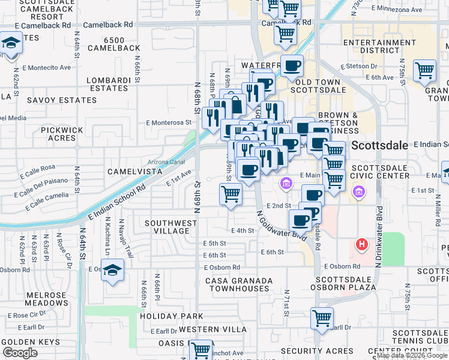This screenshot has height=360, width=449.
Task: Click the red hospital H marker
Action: pyautogui.click(x=361, y=244)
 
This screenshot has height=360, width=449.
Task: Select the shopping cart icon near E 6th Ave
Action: pyautogui.click(x=424, y=71)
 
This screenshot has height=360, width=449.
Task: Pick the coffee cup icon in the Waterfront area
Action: pyautogui.click(x=292, y=66)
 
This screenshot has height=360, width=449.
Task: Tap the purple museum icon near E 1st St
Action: pyautogui.click(x=358, y=192)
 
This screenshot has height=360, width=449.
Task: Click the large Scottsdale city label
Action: pyautogui.click(x=379, y=145)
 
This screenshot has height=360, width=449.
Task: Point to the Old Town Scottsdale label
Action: pyautogui.click(x=318, y=86)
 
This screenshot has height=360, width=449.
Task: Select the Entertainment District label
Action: pyautogui.click(x=372, y=46)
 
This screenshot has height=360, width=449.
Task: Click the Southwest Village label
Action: pyautogui.click(x=170, y=227)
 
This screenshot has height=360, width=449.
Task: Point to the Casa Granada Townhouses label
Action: pyautogui.click(x=239, y=284)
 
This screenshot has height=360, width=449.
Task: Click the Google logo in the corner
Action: pyautogui.click(x=20, y=353)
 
